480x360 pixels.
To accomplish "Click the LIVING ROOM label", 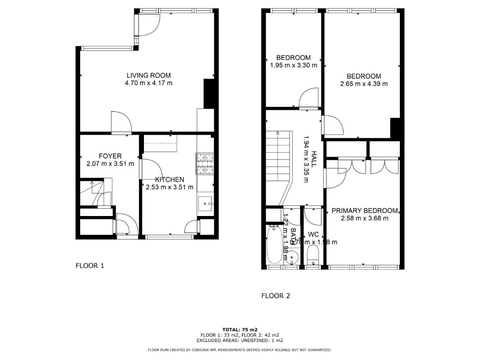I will pyautogui.click(x=148, y=75).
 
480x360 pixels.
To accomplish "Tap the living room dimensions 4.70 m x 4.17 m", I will pyautogui.click(x=148, y=83).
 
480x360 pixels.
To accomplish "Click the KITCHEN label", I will pyautogui.click(x=169, y=180).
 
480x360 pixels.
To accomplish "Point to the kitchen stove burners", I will pyautogui.click(x=205, y=164).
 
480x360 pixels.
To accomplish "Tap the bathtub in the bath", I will pyautogui.click(x=274, y=245).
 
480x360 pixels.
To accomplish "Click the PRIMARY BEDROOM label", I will pyautogui.click(x=364, y=211).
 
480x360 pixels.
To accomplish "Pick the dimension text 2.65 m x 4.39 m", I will pyautogui.click(x=363, y=84).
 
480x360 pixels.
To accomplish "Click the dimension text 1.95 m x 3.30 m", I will pyautogui.click(x=293, y=65).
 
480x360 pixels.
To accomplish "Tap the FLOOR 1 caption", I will pyautogui.click(x=90, y=265).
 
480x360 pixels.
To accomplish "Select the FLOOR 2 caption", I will pyautogui.click(x=276, y=296).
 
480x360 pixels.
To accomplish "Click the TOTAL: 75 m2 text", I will pyautogui.click(x=240, y=329).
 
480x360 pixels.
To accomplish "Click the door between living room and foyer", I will pyautogui.click(x=121, y=123).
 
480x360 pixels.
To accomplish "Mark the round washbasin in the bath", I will pyautogui.click(x=293, y=257).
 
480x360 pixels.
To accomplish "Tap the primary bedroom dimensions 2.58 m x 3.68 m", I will pyautogui.click(x=364, y=218).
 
